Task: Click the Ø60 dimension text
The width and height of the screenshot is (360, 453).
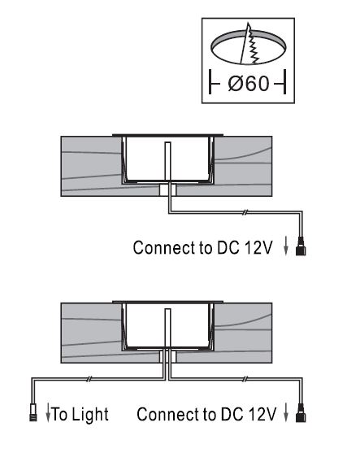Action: coord(249,84)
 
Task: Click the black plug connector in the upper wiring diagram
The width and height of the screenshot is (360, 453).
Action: coord(301,246)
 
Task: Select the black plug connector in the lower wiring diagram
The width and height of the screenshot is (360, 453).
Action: coord(301,412)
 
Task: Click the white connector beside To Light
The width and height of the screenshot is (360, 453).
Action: coord(33,413)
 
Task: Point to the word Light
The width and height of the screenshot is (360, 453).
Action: coord(89,415)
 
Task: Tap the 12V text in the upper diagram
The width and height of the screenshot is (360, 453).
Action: coord(258,247)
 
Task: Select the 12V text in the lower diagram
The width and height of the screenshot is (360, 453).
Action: coord(262,414)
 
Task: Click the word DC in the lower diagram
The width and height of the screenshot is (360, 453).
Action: coord(232,414)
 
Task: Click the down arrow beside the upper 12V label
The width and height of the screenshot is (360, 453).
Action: coord(286,246)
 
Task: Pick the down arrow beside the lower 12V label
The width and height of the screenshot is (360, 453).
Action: coord(286,412)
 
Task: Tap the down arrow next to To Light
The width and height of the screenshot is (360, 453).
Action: coord(48,413)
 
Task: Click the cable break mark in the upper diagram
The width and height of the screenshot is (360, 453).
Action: coord(245,212)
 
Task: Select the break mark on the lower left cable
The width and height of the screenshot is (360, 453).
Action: coord(89,379)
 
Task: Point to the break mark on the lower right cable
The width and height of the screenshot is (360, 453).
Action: coord(245,379)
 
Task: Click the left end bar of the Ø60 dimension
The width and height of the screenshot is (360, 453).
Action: coord(210,82)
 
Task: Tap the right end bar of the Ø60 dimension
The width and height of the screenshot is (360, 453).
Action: coord(285,82)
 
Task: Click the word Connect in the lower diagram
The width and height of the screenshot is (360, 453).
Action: coord(168,414)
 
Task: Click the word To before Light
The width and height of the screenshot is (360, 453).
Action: coord(60,414)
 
